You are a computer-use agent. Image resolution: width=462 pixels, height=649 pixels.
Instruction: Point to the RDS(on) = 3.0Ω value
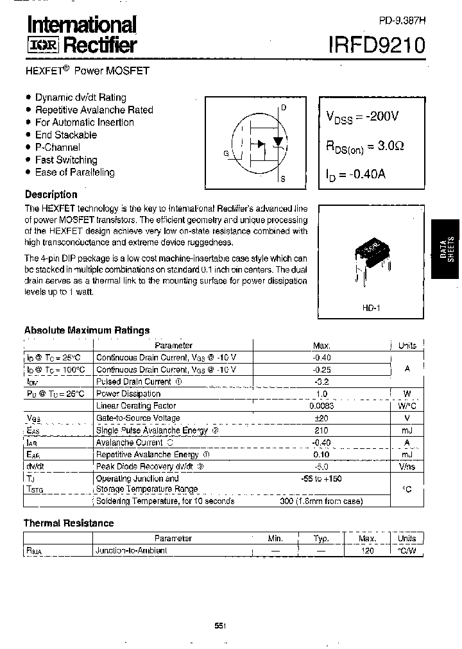tap(365, 146)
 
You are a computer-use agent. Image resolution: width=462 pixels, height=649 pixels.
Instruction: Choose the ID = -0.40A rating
tap(356, 175)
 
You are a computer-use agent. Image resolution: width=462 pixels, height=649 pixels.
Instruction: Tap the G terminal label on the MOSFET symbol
tap(226, 153)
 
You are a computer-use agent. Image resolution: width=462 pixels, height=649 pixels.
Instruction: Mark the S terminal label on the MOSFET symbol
tap(283, 180)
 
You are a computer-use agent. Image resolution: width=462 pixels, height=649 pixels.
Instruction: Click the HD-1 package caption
tap(372, 308)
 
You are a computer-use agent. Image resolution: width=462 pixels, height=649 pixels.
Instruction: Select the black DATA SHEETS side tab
tap(447, 248)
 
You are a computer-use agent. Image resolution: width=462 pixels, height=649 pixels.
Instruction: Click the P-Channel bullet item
tap(58, 147)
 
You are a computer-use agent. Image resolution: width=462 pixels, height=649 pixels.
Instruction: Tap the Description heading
tap(51, 194)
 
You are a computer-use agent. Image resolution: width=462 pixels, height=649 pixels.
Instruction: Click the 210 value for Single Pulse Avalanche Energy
tap(321, 430)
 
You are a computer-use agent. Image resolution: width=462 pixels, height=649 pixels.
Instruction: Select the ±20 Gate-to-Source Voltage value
tap(321, 418)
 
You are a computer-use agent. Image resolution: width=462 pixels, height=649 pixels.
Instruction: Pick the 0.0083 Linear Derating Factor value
tap(321, 406)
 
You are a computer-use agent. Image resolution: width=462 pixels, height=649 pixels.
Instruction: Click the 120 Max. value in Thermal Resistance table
tap(368, 551)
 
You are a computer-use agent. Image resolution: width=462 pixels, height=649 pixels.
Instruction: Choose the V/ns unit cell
tap(407, 467)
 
